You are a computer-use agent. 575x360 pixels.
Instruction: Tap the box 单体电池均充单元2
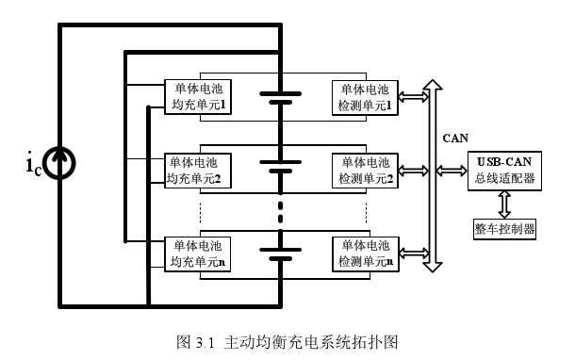[x=199, y=171]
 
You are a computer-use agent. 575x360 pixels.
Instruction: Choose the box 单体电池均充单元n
[x=199, y=253]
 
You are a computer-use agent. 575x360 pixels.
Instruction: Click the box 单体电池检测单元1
[x=365, y=97]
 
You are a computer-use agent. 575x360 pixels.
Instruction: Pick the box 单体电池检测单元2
[x=365, y=171]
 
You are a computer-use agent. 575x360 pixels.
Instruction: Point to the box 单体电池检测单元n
[x=365, y=253]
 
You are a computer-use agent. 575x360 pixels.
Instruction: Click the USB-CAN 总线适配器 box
[x=504, y=171]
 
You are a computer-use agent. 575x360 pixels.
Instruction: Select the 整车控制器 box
[x=504, y=228]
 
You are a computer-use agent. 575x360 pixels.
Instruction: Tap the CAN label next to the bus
[x=455, y=138]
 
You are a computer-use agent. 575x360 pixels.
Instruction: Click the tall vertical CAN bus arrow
[x=432, y=175]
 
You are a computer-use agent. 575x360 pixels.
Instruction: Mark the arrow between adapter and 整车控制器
[x=504, y=203]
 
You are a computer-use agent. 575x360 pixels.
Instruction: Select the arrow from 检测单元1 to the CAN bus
[x=412, y=96]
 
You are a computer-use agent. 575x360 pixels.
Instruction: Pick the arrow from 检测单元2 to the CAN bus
[x=412, y=171]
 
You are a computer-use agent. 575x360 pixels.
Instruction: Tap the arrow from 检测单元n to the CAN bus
[x=412, y=252]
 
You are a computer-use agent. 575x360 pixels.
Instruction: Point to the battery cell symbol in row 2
[x=280, y=168]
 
